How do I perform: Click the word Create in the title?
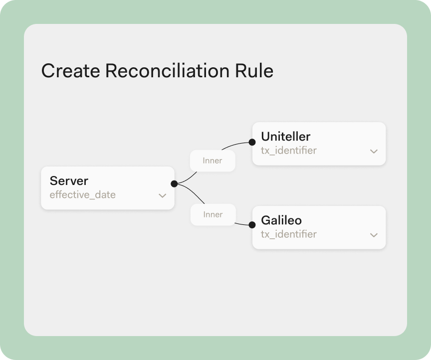(71, 71)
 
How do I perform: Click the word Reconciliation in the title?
(168, 71)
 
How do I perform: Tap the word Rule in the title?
(254, 71)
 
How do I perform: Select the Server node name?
(69, 181)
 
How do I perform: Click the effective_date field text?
(82, 194)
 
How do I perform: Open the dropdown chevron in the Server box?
(163, 195)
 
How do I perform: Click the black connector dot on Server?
(174, 183)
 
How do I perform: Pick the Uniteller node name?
(286, 136)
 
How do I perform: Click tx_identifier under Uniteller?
(289, 151)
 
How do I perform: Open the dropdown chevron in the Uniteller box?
(374, 151)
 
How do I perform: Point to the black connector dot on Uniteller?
(252, 142)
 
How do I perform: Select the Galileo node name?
(281, 220)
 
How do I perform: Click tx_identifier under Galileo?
(289, 234)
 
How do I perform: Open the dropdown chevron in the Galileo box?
(374, 235)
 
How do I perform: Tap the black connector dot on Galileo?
(252, 225)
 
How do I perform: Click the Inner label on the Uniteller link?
(212, 161)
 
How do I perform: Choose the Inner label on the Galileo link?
(213, 214)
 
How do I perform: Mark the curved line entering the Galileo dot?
(241, 224)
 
